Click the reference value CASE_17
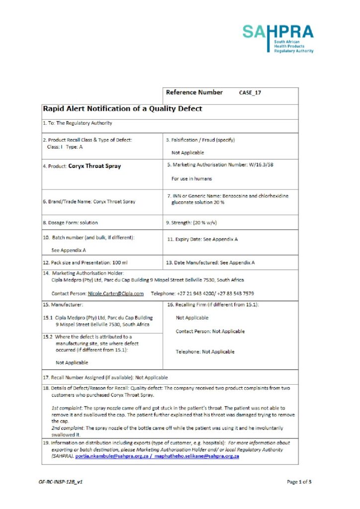[250, 93]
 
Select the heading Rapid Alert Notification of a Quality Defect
[122, 109]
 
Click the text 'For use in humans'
[192, 179]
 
